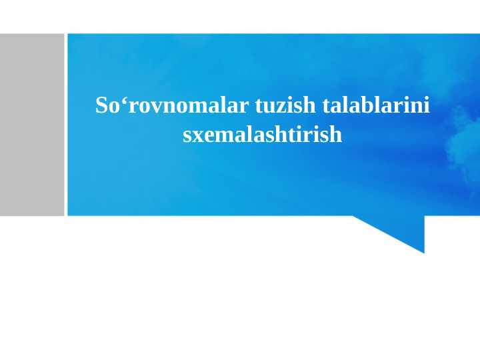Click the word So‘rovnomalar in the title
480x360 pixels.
click(173, 105)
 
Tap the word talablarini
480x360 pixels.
click(377, 105)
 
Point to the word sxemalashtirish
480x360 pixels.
click(262, 135)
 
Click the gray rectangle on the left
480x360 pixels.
click(31, 125)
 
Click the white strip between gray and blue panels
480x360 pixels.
click(66, 125)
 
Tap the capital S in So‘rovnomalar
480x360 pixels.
click(102, 105)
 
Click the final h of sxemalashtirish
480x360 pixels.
click(335, 135)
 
